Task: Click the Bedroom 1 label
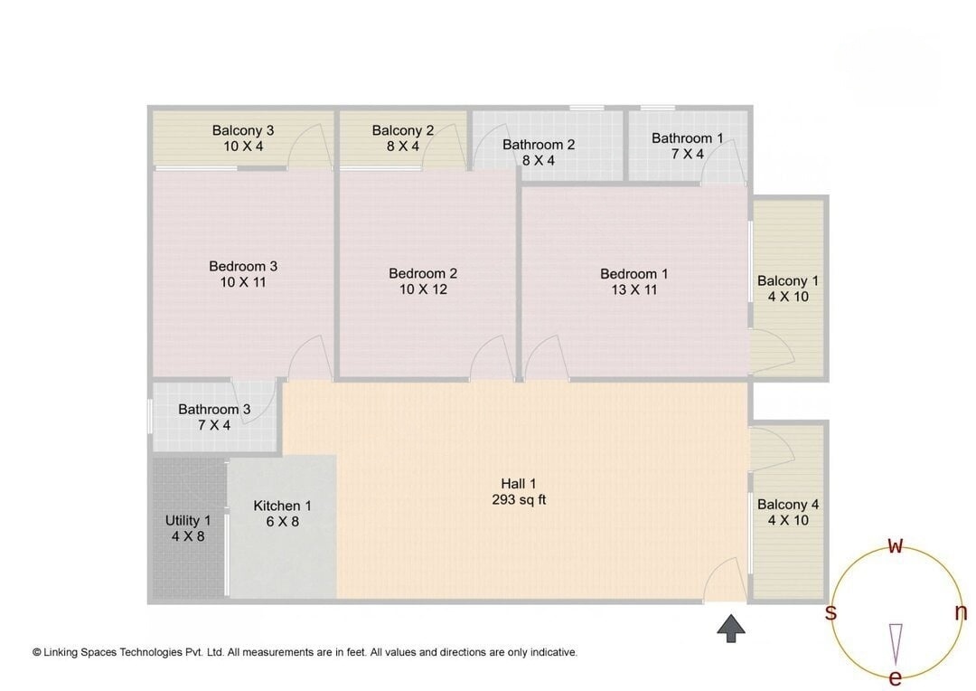click(634, 281)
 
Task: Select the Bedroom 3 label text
click(243, 274)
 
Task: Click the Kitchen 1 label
click(283, 513)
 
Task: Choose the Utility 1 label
click(188, 528)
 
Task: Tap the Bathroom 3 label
click(214, 417)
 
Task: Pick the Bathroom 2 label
click(539, 152)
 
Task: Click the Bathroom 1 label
click(688, 146)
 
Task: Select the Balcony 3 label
click(243, 137)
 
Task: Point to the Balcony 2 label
click(403, 137)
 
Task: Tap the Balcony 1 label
click(788, 289)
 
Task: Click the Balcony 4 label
click(788, 512)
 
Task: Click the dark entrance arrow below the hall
click(731, 628)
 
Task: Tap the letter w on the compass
click(896, 545)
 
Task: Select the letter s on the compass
click(831, 612)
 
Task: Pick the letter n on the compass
click(961, 612)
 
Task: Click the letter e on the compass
click(896, 677)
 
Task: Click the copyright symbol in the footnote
click(37, 652)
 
